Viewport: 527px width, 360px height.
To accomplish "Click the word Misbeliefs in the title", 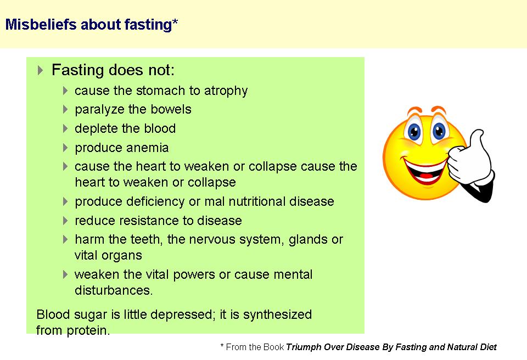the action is point(41,25).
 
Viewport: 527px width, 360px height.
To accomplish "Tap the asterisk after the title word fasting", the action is point(175,22).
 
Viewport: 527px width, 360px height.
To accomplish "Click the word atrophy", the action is point(226,91).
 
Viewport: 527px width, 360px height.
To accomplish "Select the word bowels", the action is point(171,109).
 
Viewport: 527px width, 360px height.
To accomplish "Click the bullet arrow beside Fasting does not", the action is point(40,70).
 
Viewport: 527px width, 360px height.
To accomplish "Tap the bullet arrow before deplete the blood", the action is point(65,128).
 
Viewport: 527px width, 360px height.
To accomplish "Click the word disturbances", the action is point(114,290).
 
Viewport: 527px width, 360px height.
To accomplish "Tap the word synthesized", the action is point(278,315).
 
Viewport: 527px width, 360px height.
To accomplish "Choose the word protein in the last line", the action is point(88,331).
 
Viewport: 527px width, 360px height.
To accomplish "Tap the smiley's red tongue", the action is point(426,175).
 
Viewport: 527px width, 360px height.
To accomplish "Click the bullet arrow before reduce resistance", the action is point(65,221).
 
